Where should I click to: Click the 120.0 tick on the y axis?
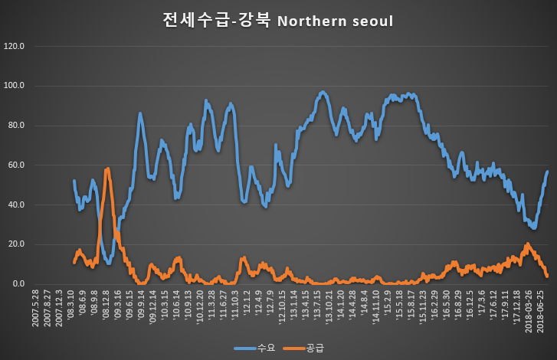15,46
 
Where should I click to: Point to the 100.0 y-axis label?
15,86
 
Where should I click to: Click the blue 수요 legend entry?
253,348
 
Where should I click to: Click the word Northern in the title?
307,21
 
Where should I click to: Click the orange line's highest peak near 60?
108,169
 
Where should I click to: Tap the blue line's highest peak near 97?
323,92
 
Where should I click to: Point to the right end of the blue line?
547,172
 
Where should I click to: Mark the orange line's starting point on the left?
74,263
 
